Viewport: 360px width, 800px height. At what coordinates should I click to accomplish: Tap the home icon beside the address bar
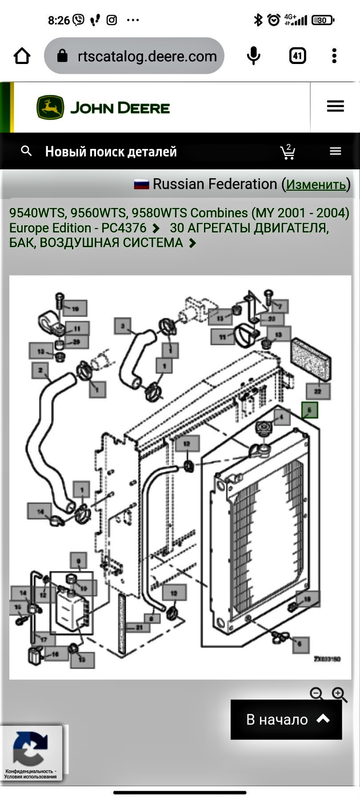pos(22,56)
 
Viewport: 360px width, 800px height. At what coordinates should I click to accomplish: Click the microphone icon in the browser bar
pos(253,56)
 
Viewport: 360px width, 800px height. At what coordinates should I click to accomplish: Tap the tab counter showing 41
pos(297,56)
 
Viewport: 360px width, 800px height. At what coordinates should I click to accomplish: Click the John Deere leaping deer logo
pos(50,108)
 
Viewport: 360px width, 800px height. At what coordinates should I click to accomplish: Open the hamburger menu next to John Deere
pos(335,106)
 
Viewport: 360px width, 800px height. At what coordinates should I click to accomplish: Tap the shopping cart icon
pos(288,152)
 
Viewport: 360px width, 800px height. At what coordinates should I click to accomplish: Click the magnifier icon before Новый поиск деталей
pos(26,151)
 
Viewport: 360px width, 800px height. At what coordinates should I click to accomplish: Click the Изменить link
pos(316,184)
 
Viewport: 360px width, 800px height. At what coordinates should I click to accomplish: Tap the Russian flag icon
pos(141,184)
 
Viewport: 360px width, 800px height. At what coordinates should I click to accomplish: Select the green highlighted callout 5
pos(310,410)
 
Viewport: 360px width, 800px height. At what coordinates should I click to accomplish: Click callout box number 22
pos(318,391)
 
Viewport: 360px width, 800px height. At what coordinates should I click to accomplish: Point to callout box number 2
pos(40,370)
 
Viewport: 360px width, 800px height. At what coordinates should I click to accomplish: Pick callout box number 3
pos(123,326)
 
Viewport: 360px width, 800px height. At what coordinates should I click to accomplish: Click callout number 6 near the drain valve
pos(300,644)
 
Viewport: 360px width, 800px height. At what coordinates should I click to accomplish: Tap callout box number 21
pos(139,628)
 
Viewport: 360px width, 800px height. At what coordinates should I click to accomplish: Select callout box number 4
pos(281,417)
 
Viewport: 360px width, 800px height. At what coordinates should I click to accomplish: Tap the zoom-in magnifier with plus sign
pos(340,694)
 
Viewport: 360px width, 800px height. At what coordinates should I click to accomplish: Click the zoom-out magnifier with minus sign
pos(317,694)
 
